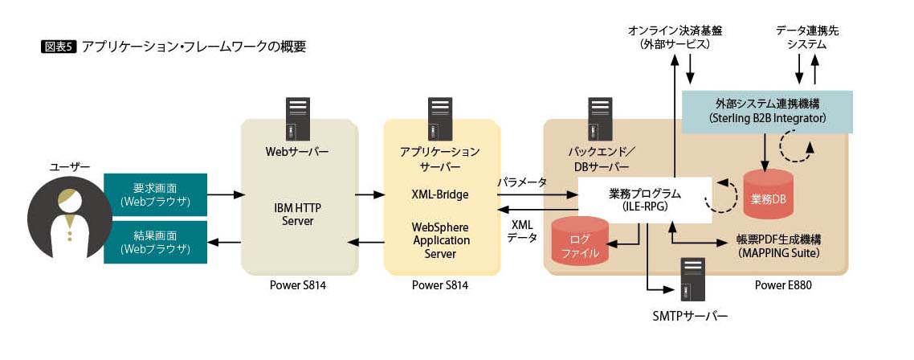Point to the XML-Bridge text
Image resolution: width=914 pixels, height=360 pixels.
pyautogui.click(x=440, y=194)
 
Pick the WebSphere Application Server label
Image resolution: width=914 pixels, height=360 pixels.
pyautogui.click(x=440, y=240)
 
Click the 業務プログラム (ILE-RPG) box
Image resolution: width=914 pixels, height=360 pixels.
pyautogui.click(x=645, y=200)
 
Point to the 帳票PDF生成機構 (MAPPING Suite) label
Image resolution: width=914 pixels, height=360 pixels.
pyautogui.click(x=779, y=246)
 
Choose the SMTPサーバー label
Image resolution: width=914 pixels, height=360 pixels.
pyautogui.click(x=690, y=317)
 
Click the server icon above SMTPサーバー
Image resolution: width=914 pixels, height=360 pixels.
pyautogui.click(x=691, y=278)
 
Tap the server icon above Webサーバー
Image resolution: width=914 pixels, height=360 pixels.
pyautogui.click(x=299, y=119)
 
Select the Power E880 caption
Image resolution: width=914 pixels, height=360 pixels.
pyautogui.click(x=782, y=284)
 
